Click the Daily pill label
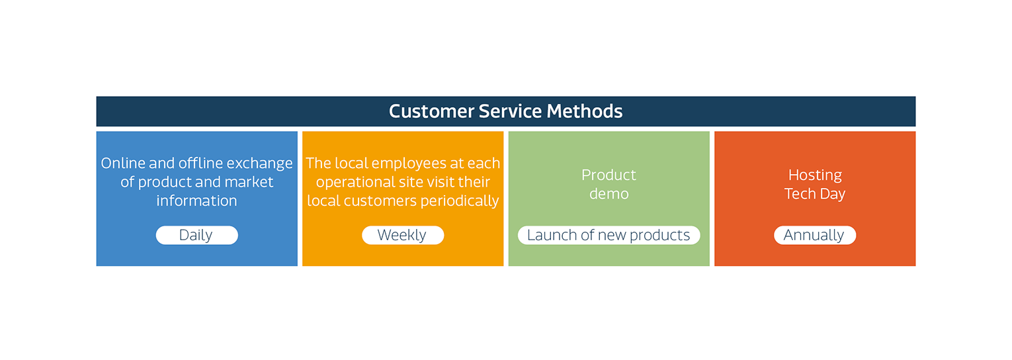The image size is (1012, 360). [196, 235]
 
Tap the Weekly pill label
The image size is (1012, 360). [403, 235]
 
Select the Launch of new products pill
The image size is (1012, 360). [609, 235]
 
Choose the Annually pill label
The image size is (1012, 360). [815, 235]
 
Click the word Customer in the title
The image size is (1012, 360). [431, 111]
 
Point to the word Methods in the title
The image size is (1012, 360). [585, 111]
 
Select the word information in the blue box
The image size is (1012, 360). [196, 201]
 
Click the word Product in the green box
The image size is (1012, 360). [609, 175]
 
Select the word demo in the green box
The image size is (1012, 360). [609, 194]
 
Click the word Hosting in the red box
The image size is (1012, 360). [815, 175]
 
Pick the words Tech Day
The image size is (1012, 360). [815, 195]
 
